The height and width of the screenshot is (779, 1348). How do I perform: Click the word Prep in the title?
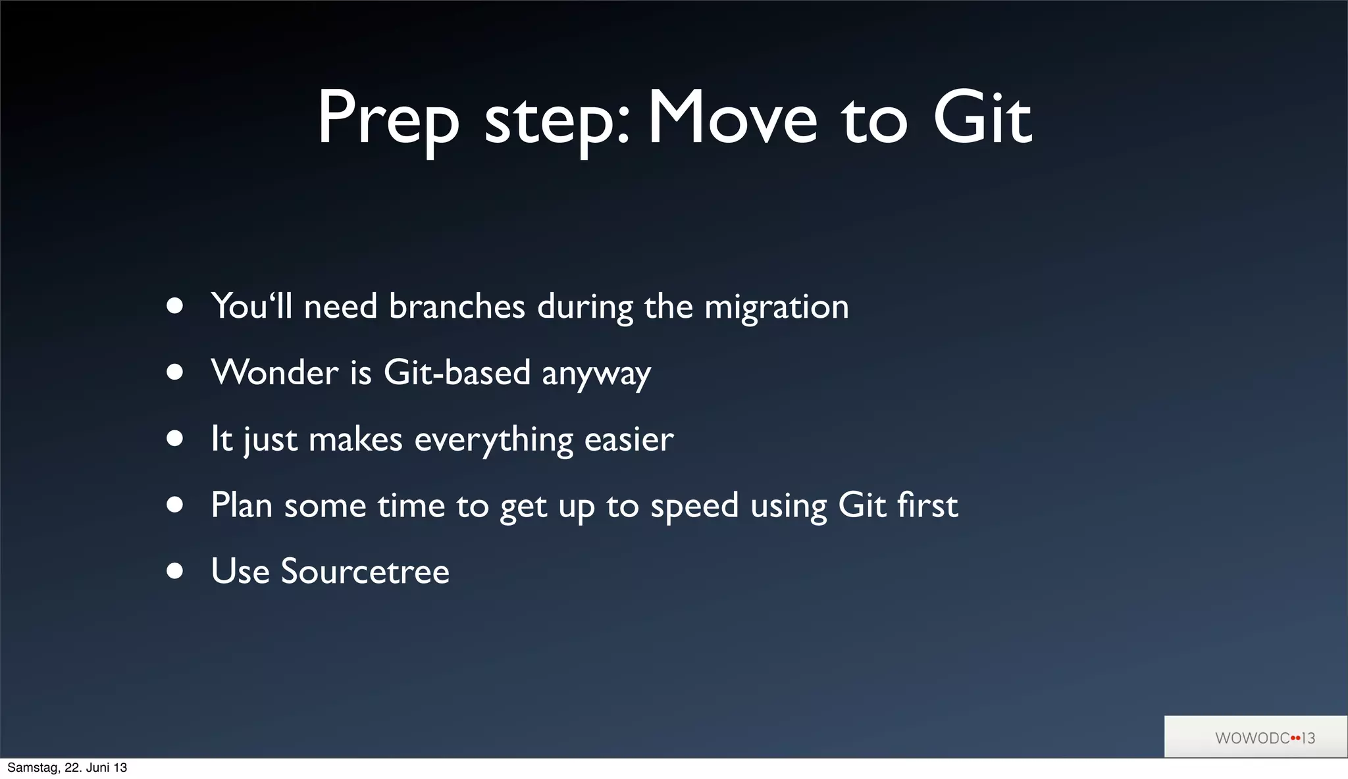point(388,120)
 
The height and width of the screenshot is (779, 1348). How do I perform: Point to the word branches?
point(457,307)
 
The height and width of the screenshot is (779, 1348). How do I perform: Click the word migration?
point(777,308)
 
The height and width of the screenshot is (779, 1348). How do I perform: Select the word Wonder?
point(274,372)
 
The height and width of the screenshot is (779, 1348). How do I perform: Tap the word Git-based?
point(457,372)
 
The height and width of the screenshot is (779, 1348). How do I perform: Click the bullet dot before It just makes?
point(174,439)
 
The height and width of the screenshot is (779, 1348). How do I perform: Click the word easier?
point(629,439)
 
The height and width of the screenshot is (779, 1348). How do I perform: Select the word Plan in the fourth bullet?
point(242,505)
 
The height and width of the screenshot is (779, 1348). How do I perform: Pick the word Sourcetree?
point(365,571)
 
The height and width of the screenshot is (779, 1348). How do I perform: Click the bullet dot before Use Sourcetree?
point(174,570)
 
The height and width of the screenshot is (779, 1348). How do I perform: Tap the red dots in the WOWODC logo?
point(1295,738)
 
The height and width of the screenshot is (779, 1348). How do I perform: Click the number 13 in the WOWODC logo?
point(1308,738)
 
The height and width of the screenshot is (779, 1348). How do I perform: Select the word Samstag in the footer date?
point(32,768)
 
